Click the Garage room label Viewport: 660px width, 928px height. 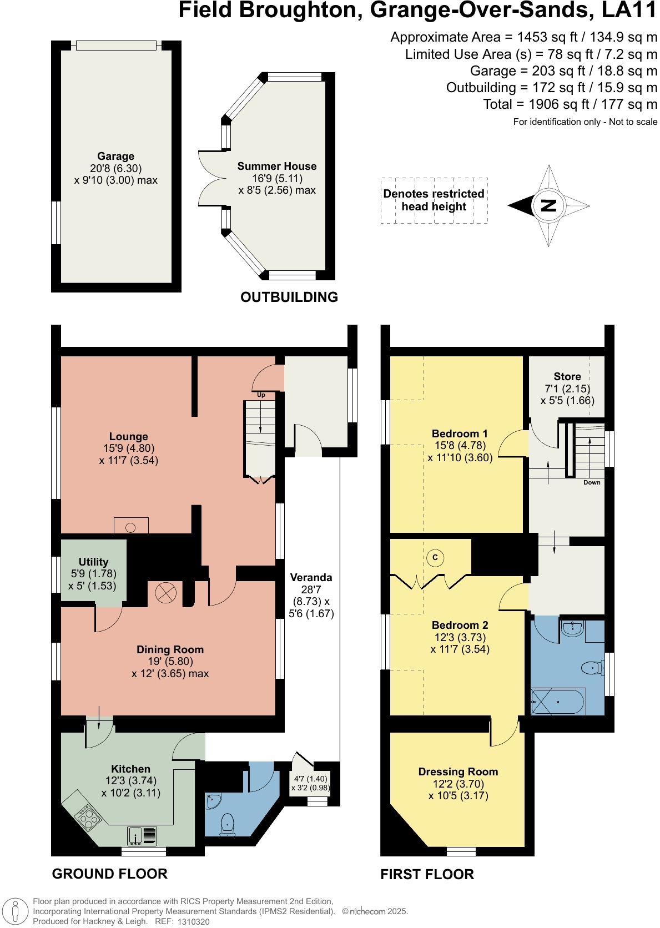pos(115,157)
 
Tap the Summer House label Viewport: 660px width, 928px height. pos(276,167)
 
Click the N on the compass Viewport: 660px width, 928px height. pos(548,206)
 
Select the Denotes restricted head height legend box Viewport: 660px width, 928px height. pos(434,200)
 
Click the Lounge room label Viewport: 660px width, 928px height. pos(128,437)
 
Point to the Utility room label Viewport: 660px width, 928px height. pos(93,562)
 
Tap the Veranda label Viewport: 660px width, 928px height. pos(311,578)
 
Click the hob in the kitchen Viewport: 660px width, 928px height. pos(89,816)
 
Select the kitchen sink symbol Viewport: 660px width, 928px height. pos(143,835)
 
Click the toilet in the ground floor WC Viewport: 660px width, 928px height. pos(228,824)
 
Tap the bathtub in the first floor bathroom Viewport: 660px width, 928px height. pos(558,702)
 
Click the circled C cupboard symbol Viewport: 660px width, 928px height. pos(435,558)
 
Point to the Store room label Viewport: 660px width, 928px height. pos(567,377)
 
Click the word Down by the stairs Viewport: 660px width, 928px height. pos(592,482)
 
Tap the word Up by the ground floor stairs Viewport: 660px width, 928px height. pos(261,395)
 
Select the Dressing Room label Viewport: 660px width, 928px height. pos(458,772)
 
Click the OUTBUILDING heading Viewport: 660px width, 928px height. pos(289,297)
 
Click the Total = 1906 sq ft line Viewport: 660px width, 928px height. pos(570,104)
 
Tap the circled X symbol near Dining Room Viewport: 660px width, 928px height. pos(165,593)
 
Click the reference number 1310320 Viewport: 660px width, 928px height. pos(193,921)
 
